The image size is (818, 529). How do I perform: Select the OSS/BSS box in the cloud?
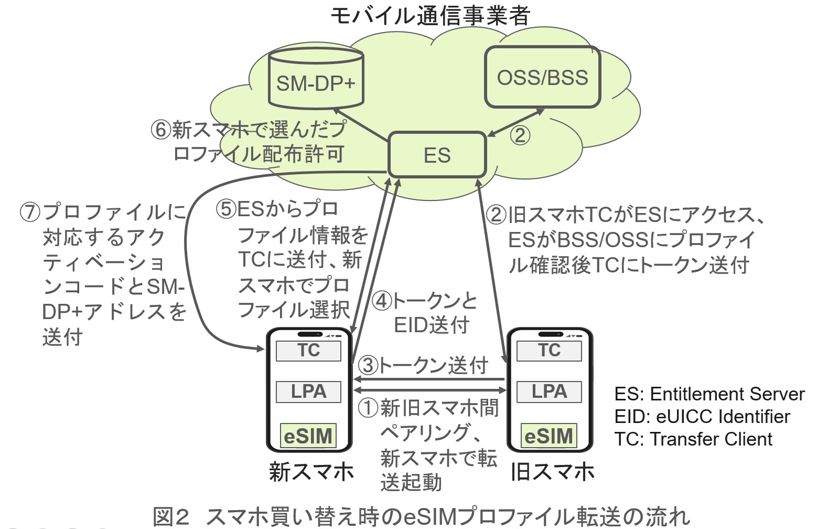click(x=542, y=77)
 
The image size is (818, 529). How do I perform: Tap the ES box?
click(x=437, y=155)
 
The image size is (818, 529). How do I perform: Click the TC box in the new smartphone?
click(x=308, y=351)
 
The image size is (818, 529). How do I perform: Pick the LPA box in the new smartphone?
click(x=308, y=392)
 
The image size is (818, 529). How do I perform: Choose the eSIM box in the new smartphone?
click(x=308, y=436)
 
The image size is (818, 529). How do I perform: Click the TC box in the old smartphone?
click(x=549, y=351)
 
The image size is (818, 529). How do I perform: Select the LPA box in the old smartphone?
click(x=549, y=392)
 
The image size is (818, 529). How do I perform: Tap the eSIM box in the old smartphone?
click(x=548, y=436)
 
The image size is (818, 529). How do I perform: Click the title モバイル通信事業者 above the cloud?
click(x=430, y=16)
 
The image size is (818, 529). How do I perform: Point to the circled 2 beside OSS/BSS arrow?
click(x=520, y=135)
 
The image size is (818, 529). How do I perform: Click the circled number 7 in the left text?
click(x=30, y=212)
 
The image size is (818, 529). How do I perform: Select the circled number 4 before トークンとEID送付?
click(x=382, y=301)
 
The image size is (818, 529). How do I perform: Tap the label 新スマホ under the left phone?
click(x=311, y=472)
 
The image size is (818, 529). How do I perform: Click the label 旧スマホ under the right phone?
click(x=552, y=472)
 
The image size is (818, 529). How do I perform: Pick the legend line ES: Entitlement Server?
click(x=709, y=394)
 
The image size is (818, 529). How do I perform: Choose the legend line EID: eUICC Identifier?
click(x=702, y=417)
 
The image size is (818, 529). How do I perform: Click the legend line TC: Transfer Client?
click(x=693, y=439)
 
